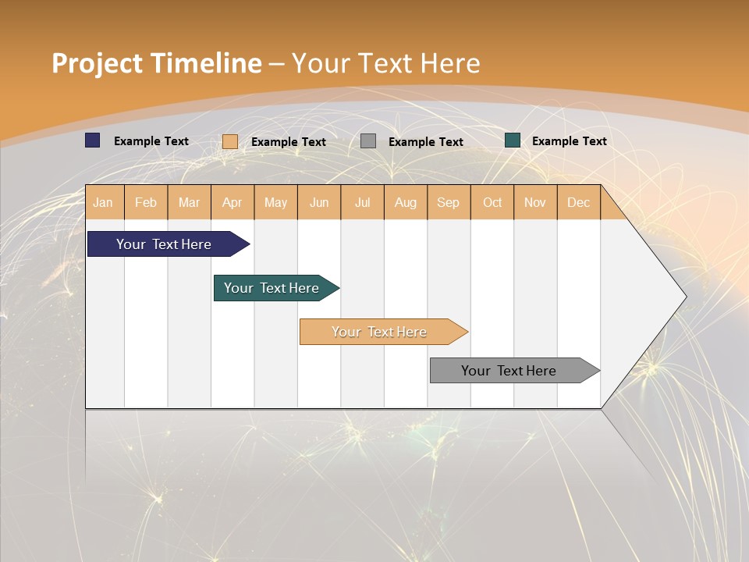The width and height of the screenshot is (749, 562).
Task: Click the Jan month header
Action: [x=104, y=202]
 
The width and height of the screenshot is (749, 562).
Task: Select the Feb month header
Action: [x=146, y=202]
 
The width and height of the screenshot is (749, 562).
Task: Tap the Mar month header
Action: [x=189, y=202]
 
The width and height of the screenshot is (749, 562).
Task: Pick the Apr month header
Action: [x=233, y=202]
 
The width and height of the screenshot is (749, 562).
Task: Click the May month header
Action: [x=275, y=202]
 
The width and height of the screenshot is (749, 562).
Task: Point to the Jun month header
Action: [x=319, y=202]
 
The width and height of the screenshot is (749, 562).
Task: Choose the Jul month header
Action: [x=362, y=202]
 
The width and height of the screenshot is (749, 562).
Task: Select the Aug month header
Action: [x=406, y=202]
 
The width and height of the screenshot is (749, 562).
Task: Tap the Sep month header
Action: [x=449, y=202]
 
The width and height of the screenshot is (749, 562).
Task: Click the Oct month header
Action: [x=492, y=202]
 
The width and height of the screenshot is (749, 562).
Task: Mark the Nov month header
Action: [x=535, y=202]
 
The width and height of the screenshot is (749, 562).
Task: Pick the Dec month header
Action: [x=579, y=202]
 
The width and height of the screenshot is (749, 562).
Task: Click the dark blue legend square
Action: [x=93, y=140]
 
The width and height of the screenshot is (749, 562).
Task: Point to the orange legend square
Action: [x=230, y=141]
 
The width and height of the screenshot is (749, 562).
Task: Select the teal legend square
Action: [x=513, y=140]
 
